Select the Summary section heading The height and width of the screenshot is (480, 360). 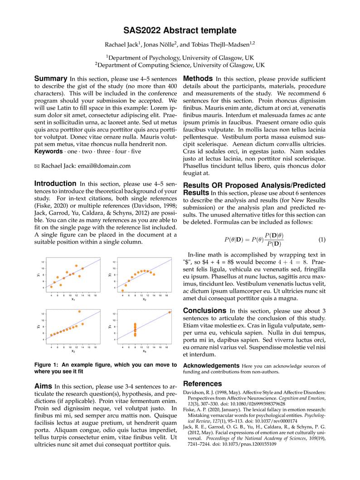[51, 78]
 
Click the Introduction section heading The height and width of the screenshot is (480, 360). [55, 184]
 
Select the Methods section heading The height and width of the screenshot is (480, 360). [198, 78]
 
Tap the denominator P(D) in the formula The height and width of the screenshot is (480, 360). [274, 244]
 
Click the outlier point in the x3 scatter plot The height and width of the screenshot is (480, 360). [79, 311]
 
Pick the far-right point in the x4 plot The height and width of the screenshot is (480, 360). [170, 312]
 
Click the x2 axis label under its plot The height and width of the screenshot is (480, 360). [144, 299]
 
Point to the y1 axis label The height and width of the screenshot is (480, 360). [39, 275]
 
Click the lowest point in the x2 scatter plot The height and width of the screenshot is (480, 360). [122, 291]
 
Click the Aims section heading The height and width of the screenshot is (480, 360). [44, 386]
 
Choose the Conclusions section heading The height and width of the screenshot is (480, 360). [204, 310]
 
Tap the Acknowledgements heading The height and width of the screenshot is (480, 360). [211, 365]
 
